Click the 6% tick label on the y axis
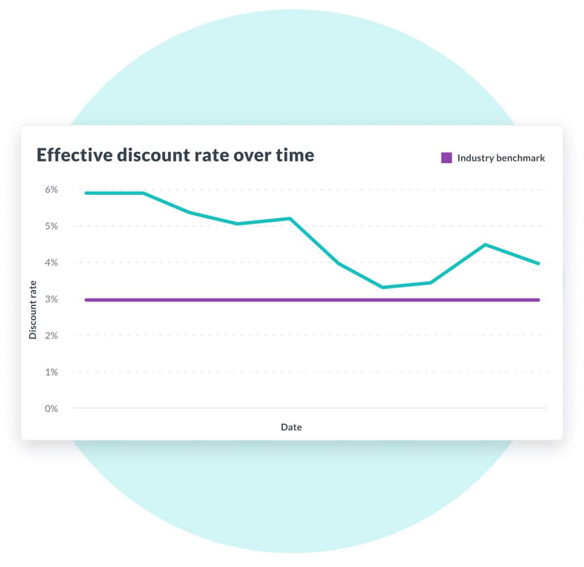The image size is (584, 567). [x=51, y=190]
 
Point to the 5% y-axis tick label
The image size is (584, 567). [x=51, y=226]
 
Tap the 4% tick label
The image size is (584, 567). [x=51, y=262]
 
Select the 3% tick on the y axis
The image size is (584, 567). [x=51, y=299]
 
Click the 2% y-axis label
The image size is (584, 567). [x=51, y=335]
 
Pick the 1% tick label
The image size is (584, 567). [x=51, y=372]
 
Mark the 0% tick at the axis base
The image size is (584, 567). [x=51, y=408]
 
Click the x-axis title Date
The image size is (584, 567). [x=291, y=427]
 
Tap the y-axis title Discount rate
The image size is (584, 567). [x=33, y=310]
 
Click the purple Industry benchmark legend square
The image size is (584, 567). [x=446, y=158]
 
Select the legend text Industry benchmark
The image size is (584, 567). [x=501, y=158]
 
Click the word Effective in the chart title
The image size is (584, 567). [x=74, y=155]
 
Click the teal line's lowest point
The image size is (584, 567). [x=383, y=287]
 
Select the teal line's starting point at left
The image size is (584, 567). [x=86, y=193]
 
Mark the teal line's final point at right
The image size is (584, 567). [x=538, y=263]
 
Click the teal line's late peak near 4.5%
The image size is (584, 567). [x=486, y=245]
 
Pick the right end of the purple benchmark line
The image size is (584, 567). [x=538, y=300]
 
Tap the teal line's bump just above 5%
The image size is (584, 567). [x=290, y=219]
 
